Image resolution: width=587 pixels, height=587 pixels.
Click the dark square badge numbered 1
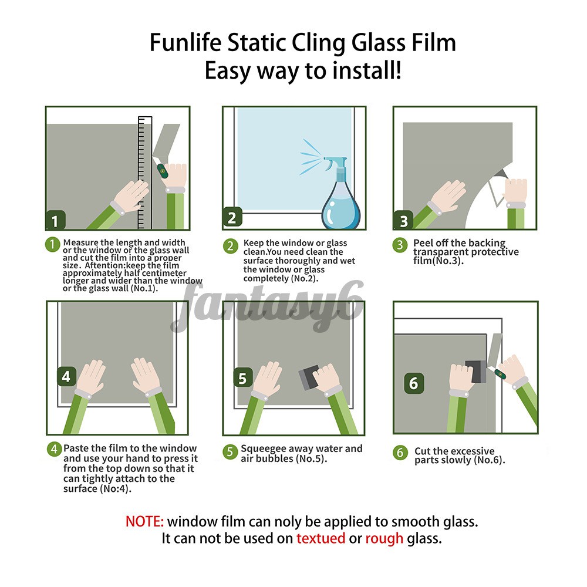click(x=55, y=221)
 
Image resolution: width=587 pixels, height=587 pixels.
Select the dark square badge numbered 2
click(x=232, y=218)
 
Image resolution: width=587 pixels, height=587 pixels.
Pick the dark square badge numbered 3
click(x=403, y=221)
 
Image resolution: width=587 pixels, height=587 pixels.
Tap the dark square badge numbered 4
click(x=66, y=376)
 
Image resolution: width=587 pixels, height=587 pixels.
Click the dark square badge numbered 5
click(x=243, y=377)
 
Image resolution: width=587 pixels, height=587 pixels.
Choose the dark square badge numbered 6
click(x=414, y=383)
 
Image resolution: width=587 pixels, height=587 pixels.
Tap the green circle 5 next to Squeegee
click(x=230, y=452)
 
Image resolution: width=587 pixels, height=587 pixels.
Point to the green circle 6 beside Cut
click(x=401, y=453)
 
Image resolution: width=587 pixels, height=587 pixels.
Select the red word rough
click(x=384, y=538)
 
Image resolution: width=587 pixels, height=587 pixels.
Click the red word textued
click(x=321, y=538)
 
